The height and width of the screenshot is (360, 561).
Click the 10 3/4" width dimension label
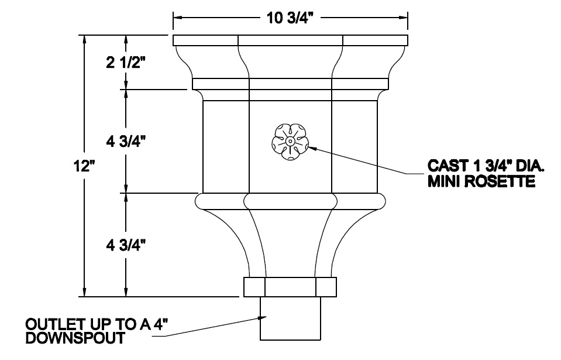291,18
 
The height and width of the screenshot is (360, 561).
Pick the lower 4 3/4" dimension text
126,244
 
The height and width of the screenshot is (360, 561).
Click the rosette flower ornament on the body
290,142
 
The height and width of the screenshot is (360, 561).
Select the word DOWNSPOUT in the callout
74,338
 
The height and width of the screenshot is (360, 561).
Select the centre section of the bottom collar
290,287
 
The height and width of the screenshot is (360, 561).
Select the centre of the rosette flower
290,142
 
